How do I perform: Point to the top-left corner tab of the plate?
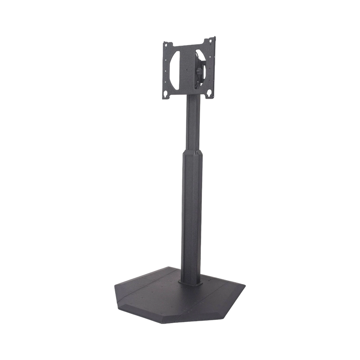[x=165, y=44]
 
